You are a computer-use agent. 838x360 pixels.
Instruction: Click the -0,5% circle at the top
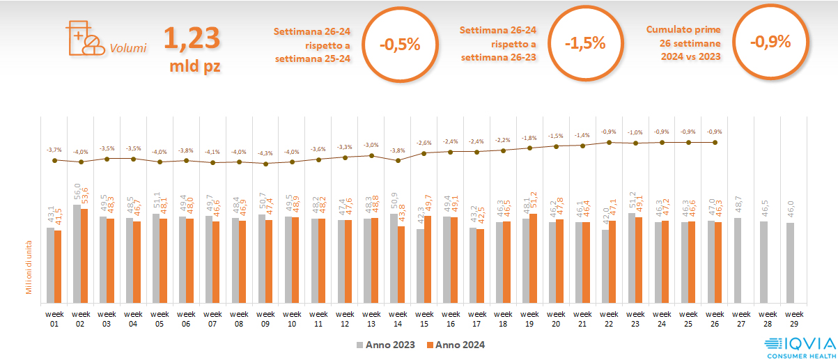tap(400, 45)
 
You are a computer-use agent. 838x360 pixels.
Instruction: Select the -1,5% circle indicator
tap(585, 43)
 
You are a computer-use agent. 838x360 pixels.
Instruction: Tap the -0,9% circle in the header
tap(770, 42)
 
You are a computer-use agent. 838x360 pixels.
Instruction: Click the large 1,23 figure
tap(192, 39)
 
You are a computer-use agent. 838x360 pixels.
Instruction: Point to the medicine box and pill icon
tap(82, 38)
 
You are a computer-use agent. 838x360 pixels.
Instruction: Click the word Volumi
tap(127, 49)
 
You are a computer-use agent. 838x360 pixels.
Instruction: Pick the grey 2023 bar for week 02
tap(77, 254)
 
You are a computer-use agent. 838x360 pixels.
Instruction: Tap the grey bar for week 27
tap(738, 260)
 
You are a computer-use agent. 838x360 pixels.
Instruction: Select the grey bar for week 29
tap(791, 263)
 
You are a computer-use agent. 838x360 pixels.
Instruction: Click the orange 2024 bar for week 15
tap(427, 260)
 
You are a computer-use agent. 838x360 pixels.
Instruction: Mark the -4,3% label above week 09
tap(265, 153)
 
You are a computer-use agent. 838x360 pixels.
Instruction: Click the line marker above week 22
tap(610, 142)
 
